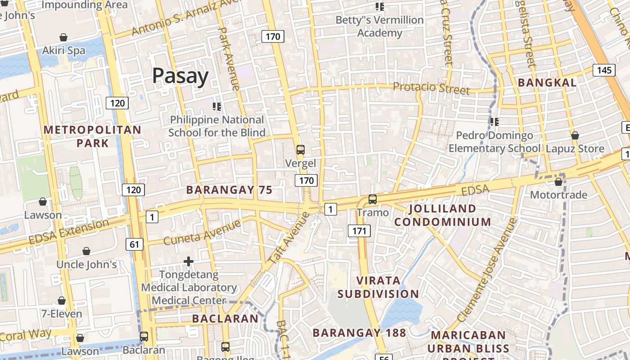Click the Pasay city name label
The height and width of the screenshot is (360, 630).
tap(180, 76)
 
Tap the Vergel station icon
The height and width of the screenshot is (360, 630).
tap(300, 150)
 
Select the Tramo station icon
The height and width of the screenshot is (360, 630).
tap(372, 199)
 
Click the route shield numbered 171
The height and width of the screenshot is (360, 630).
tap(359, 231)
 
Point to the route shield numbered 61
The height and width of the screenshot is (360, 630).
tap(135, 244)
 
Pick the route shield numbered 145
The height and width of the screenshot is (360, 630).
tap(604, 70)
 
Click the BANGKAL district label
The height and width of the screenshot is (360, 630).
tap(547, 83)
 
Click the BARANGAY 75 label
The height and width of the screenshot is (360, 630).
tap(229, 190)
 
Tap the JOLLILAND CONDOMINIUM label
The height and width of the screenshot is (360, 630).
tap(443, 215)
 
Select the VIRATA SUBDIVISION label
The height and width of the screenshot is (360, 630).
tap(378, 287)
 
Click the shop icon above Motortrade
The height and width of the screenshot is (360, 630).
tap(558, 182)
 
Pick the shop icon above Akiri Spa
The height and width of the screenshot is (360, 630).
tap(63, 37)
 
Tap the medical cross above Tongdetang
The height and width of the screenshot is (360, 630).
tap(189, 261)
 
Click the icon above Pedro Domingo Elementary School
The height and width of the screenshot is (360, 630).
tap(494, 121)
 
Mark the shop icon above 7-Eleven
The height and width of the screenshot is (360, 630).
tap(62, 301)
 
